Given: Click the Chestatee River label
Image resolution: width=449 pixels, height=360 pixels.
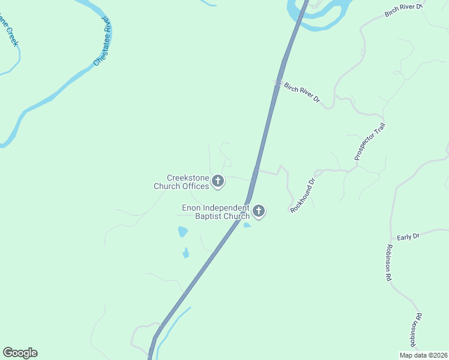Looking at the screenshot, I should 103,41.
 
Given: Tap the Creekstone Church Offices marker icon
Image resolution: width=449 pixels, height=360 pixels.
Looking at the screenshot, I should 218,181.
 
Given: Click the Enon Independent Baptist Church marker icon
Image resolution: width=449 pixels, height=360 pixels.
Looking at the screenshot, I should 259,211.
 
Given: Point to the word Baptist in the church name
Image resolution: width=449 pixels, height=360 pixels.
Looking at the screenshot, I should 209,216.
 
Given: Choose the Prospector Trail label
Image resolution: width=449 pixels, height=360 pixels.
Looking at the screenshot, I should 369,142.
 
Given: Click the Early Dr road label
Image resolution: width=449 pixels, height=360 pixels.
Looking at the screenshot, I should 408,237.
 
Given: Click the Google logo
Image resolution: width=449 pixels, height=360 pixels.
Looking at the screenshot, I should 20,353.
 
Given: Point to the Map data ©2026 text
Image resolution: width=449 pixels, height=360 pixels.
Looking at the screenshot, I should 423,355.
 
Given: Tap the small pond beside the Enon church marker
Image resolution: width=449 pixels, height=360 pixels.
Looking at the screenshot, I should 247,225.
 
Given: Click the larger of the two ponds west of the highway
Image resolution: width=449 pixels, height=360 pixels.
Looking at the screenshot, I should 182,232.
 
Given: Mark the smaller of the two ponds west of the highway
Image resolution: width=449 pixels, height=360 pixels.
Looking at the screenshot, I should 186,253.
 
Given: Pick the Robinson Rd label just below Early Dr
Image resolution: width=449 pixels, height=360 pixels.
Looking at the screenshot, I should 389,263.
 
